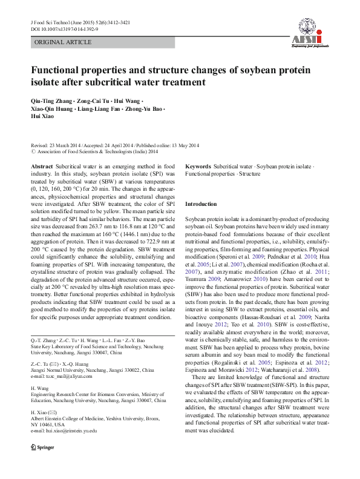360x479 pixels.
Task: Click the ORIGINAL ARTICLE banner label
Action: pyautogui.click(x=63, y=42)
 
